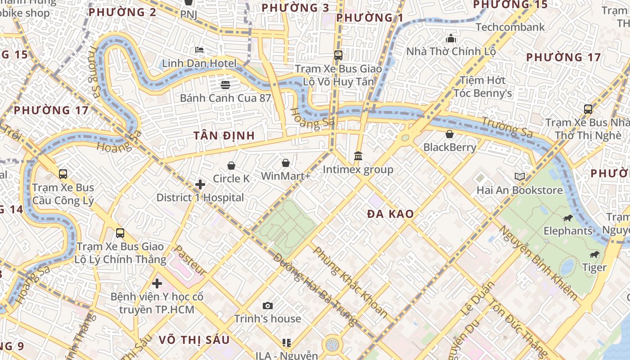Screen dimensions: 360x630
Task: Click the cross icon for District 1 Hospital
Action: pyautogui.click(x=200, y=184)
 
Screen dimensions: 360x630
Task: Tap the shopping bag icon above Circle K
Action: pyautogui.click(x=231, y=166)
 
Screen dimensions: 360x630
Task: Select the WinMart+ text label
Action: pyautogui.click(x=286, y=176)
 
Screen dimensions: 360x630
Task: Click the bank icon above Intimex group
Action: pyautogui.click(x=358, y=156)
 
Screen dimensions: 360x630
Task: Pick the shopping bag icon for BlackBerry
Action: pyautogui.click(x=449, y=134)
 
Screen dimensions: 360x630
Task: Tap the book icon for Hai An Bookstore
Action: pyautogui.click(x=520, y=177)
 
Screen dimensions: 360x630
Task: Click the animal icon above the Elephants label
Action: pyautogui.click(x=567, y=218)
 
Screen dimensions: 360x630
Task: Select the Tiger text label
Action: pyautogui.click(x=594, y=268)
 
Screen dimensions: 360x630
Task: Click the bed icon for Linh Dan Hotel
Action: pyautogui.click(x=199, y=50)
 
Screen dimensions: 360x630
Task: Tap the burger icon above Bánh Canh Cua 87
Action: pyautogui.click(x=225, y=85)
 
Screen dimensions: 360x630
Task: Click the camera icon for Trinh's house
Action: pyautogui.click(x=268, y=306)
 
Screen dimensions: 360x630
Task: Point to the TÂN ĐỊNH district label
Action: pyautogui.click(x=224, y=135)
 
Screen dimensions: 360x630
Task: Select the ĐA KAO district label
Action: pyautogui.click(x=390, y=214)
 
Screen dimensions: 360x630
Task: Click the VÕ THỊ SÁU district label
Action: pyautogui.click(x=194, y=340)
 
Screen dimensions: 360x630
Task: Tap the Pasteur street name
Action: pyautogui.click(x=190, y=261)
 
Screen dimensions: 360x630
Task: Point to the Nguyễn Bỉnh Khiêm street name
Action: pyautogui.click(x=538, y=263)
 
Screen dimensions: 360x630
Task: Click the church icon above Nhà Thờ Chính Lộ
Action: pyautogui.click(x=451, y=39)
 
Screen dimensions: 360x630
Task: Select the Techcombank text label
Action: pyautogui.click(x=510, y=27)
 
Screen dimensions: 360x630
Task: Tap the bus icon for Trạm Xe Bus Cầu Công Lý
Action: pyautogui.click(x=63, y=174)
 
